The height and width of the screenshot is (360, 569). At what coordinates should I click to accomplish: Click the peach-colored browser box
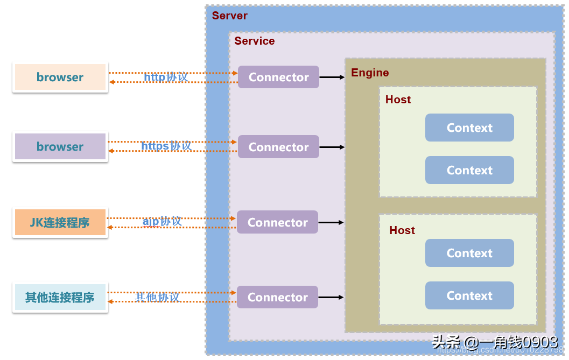(60, 77)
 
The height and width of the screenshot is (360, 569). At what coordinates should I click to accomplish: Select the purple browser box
(60, 146)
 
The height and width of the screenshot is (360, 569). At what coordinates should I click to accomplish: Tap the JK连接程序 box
(60, 222)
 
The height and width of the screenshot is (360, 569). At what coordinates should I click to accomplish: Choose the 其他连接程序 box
(60, 297)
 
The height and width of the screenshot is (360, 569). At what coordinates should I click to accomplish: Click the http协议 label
(166, 77)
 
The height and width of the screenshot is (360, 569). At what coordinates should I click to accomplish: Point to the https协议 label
(166, 146)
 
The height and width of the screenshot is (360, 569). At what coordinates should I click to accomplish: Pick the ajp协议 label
(162, 221)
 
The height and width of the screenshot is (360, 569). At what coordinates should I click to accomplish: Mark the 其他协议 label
(157, 297)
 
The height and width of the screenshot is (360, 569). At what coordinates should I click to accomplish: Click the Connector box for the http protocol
(278, 77)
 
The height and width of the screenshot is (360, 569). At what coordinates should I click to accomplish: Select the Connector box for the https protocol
(278, 147)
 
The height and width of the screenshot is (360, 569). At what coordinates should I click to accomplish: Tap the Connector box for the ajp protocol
(277, 222)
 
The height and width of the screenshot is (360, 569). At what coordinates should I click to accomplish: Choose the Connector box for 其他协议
(277, 297)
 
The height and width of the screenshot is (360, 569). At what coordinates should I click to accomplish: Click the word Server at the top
(230, 16)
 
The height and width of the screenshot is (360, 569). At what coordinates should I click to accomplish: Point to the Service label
(255, 41)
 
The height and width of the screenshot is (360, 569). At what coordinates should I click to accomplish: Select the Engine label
(370, 73)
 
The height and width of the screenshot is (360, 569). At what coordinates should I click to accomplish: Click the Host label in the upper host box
(398, 100)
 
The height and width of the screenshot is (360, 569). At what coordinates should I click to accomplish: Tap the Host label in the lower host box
(402, 230)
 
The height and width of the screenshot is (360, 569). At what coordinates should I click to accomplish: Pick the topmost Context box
(469, 128)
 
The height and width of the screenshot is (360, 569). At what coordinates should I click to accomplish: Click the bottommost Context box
(469, 295)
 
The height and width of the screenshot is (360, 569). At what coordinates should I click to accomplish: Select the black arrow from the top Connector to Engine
(332, 77)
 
